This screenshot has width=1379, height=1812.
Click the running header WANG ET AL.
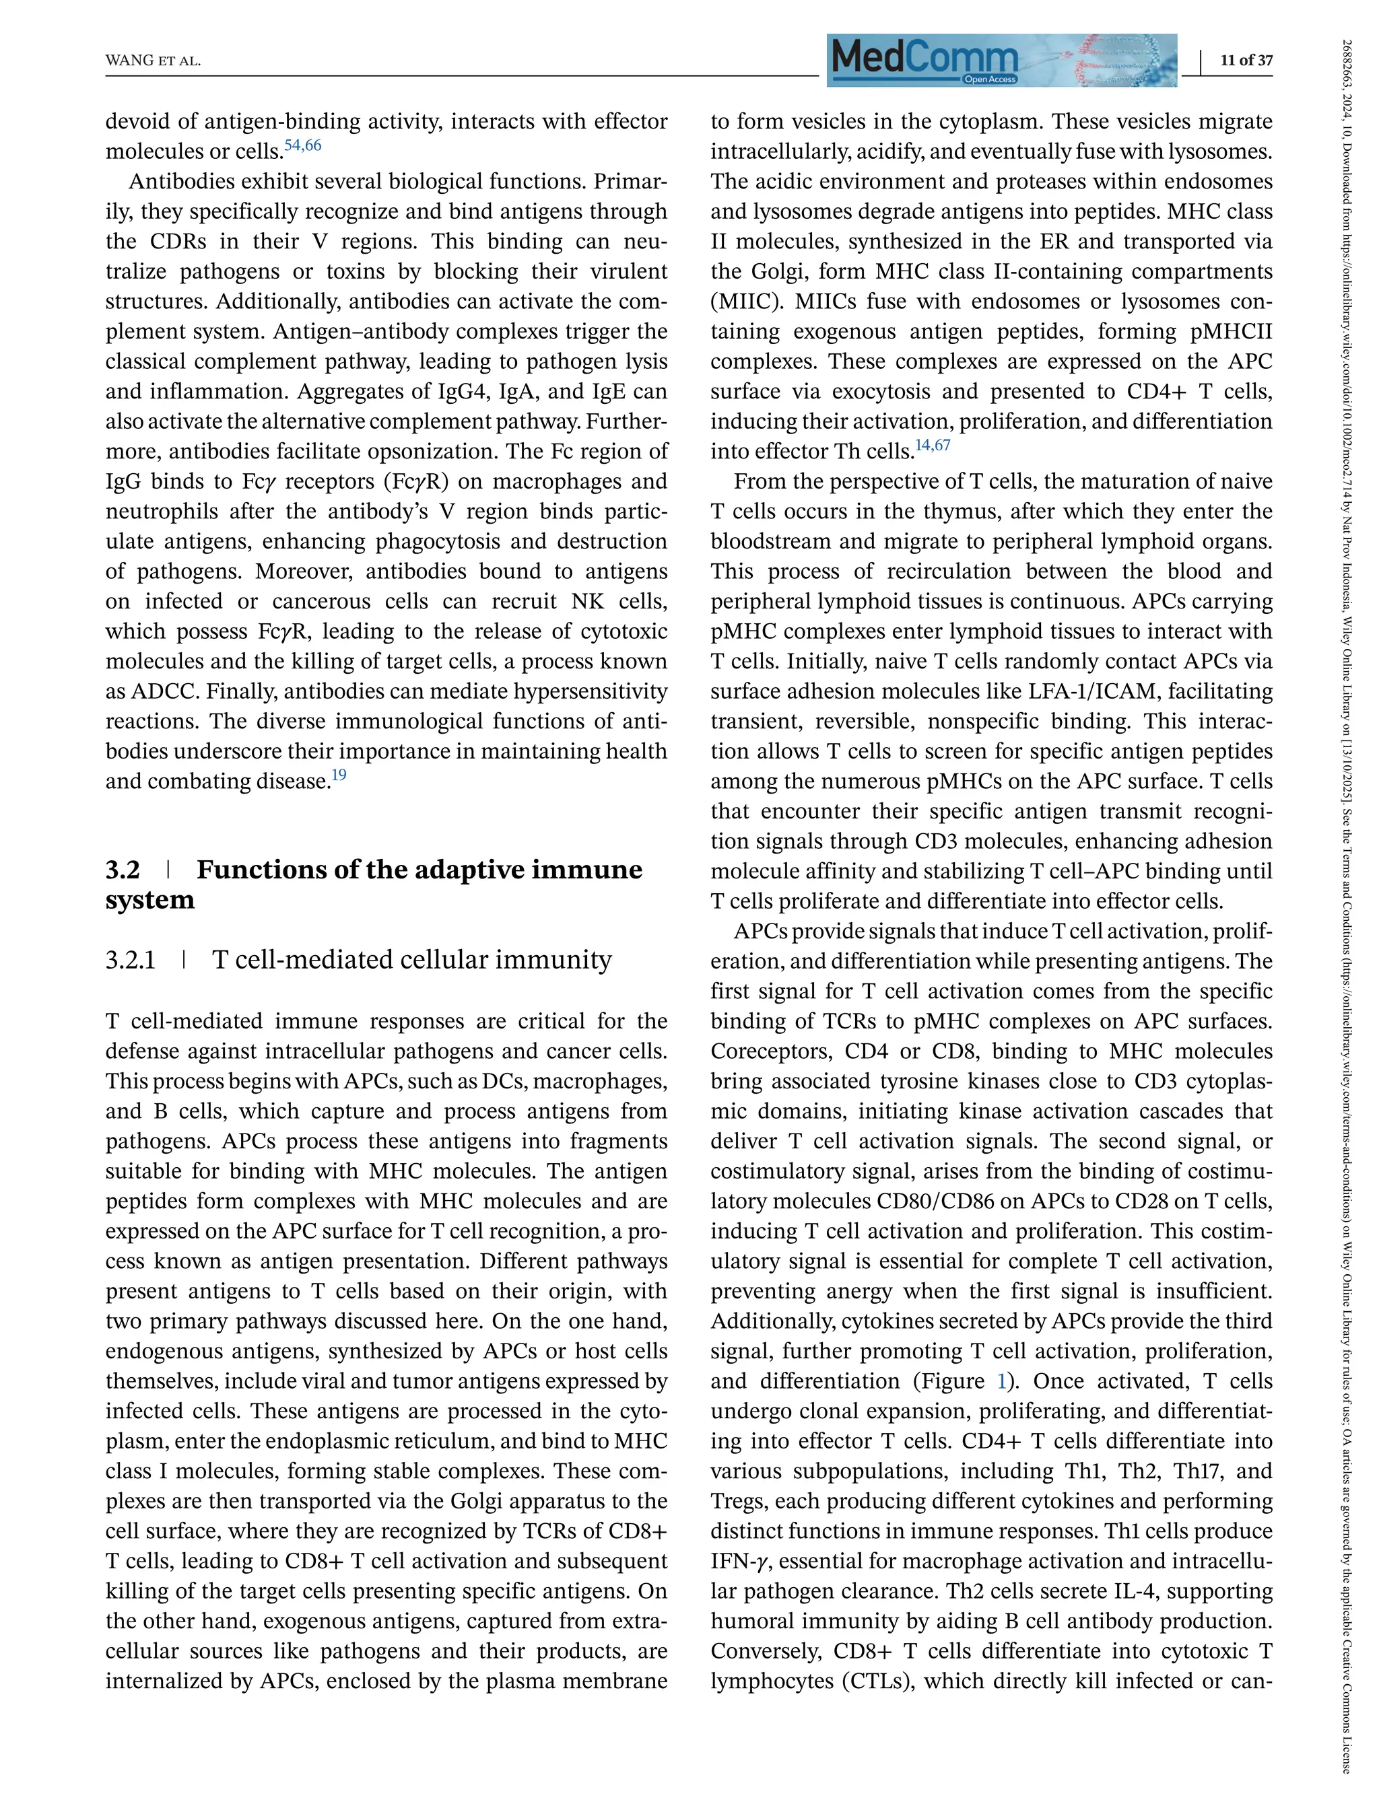pos(153,61)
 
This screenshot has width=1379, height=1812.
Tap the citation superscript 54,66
pos(303,145)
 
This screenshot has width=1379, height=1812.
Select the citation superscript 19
pos(338,775)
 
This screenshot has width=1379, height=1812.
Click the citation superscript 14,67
pos(933,445)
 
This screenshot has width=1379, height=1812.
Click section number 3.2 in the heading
pos(123,870)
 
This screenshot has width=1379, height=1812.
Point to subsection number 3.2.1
pos(131,959)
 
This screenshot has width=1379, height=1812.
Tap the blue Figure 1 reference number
pos(1001,1381)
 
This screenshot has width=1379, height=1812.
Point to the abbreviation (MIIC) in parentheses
pos(745,301)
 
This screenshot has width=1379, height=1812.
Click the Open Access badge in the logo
pos(990,79)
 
